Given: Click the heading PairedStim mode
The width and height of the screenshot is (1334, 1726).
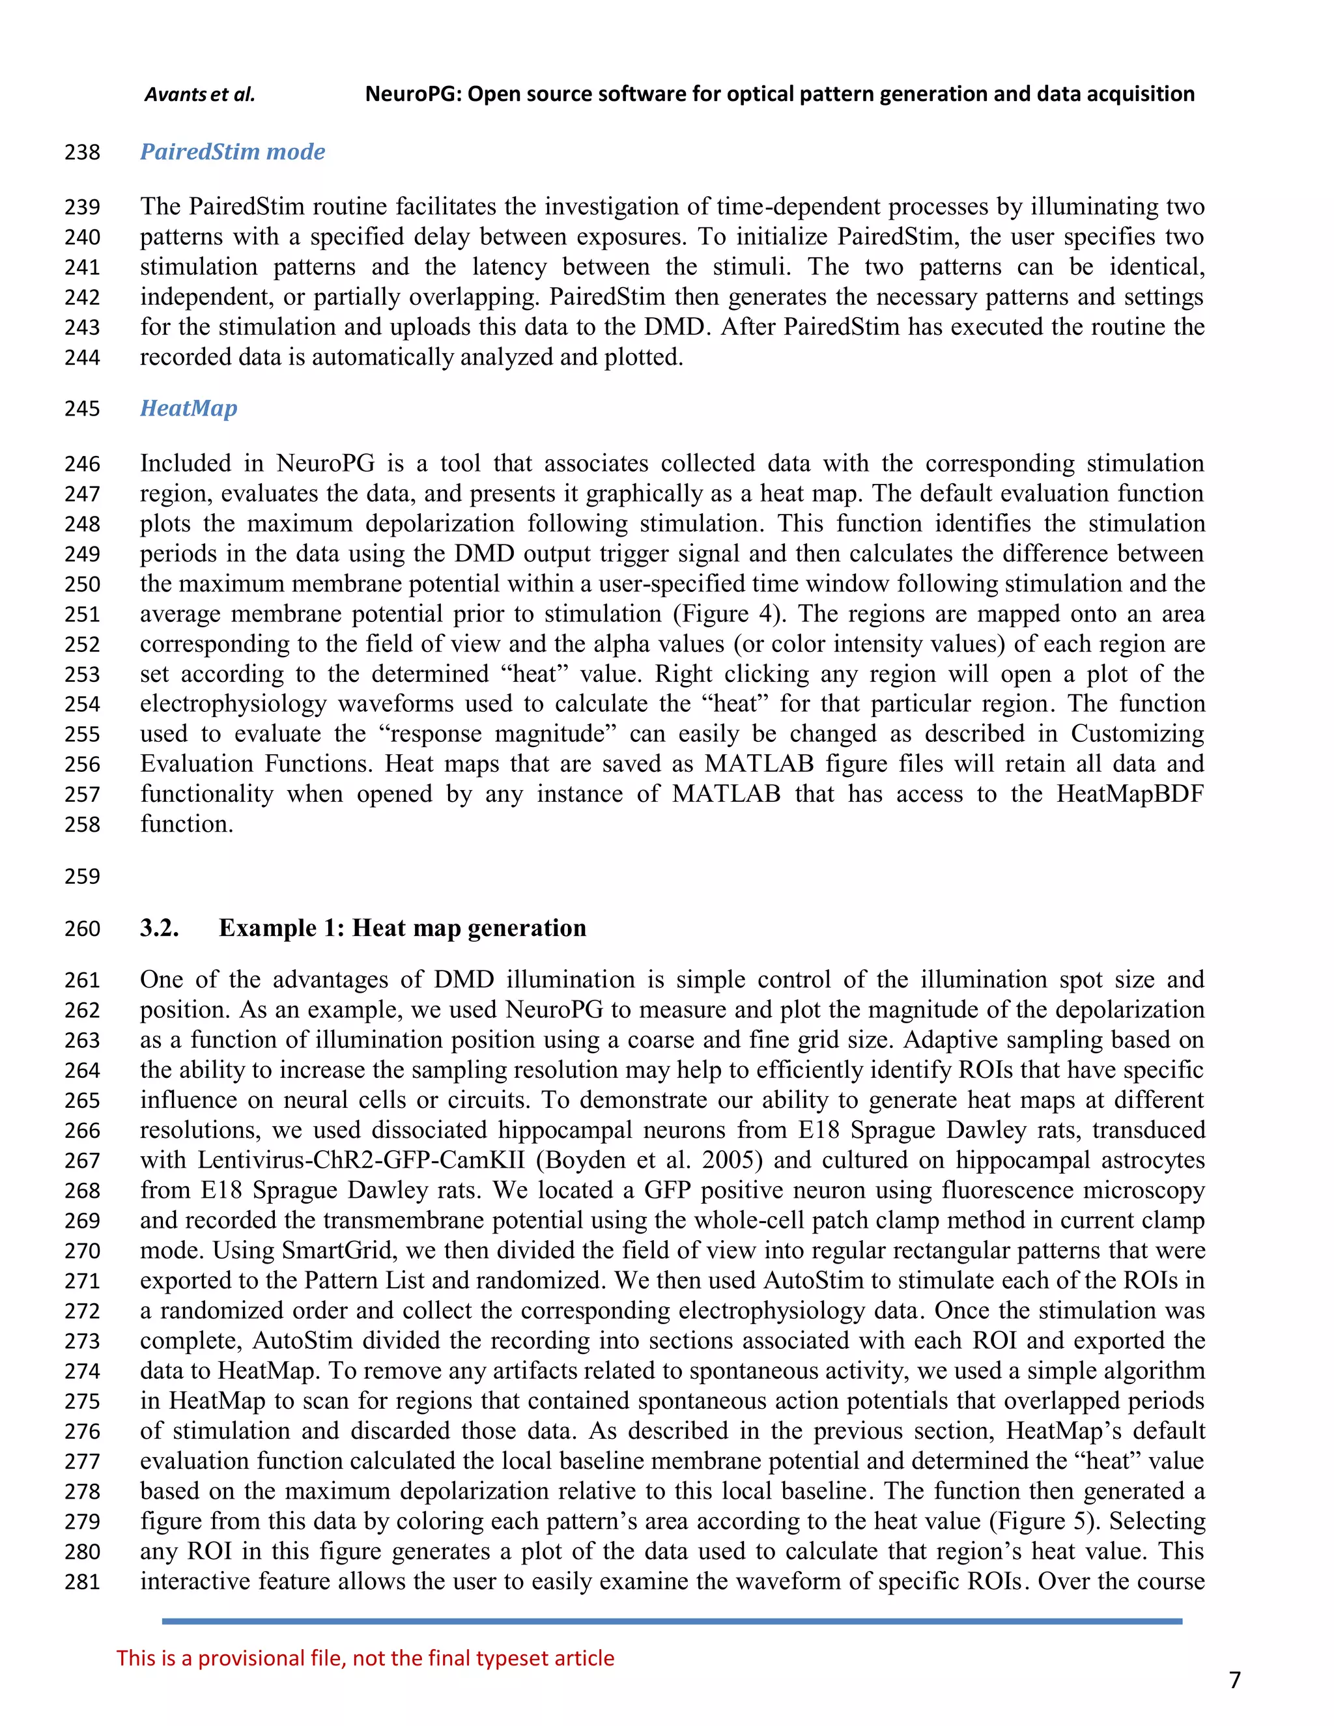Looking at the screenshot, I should (233, 152).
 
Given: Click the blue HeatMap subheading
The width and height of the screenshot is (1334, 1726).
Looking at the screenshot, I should (188, 408).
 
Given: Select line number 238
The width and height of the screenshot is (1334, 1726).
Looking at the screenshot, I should (82, 152).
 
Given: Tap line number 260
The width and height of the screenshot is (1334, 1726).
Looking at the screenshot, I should (82, 929).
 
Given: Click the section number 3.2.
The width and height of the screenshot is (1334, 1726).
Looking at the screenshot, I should (160, 927).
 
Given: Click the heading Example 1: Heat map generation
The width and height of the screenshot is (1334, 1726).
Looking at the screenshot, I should (403, 927).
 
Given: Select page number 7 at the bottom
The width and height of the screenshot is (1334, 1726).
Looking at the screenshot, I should (1235, 1679).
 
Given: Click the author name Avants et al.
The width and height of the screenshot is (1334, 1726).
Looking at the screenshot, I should (200, 95).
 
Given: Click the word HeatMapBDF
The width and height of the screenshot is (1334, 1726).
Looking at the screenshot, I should (1130, 794).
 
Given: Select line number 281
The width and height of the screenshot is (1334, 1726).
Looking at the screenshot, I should (82, 1582).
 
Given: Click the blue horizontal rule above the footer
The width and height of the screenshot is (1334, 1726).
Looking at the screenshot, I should (672, 1622).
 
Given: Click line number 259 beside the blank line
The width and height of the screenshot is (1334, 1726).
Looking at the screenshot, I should (82, 877).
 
